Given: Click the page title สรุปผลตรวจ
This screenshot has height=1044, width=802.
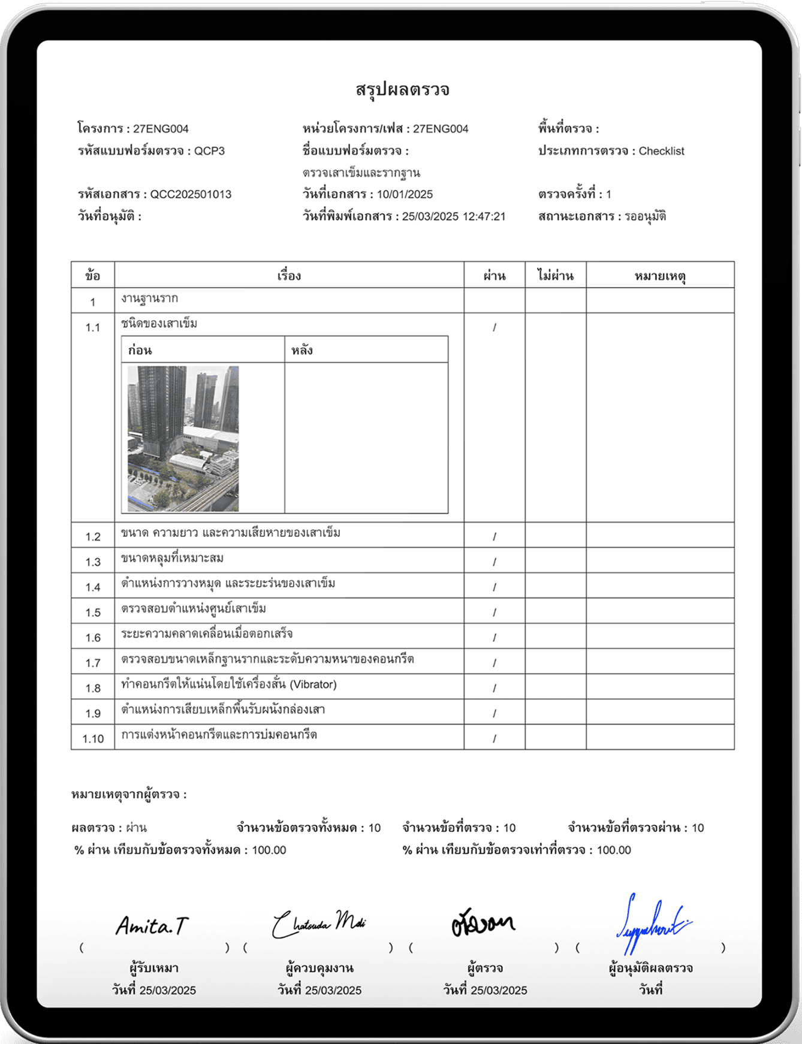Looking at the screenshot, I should [x=402, y=90].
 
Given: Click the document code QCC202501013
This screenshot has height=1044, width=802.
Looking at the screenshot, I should [x=191, y=194].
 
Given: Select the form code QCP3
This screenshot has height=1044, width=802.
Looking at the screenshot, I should [x=209, y=151].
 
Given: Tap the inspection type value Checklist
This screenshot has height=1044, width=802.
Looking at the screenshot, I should [x=661, y=151].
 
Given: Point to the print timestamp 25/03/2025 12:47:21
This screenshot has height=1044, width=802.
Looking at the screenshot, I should [x=454, y=216].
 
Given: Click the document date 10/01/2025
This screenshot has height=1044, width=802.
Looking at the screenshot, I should [x=405, y=194].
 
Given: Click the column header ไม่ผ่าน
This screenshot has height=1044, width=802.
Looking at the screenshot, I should [x=555, y=276].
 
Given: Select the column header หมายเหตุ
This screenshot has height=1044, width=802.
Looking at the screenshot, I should [x=660, y=276].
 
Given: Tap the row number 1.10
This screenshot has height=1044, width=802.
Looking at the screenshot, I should [x=93, y=738].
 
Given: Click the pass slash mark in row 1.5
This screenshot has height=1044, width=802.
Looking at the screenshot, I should [x=495, y=612].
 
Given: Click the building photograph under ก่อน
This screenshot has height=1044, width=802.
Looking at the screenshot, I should [x=183, y=439].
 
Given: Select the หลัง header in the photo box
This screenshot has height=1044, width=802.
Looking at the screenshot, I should [x=302, y=351].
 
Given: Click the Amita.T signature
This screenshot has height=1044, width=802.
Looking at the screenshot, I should [x=152, y=927].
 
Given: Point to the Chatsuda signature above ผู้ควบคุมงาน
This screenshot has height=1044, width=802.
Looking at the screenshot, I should [x=318, y=924].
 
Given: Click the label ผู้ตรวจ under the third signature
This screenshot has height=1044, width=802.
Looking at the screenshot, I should [x=485, y=968].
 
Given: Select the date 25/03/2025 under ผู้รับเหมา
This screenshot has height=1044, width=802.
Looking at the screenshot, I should [x=167, y=990].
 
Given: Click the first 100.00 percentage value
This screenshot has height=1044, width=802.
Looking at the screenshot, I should [x=269, y=850].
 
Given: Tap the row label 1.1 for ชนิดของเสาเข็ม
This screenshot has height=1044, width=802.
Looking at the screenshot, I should [x=93, y=327].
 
